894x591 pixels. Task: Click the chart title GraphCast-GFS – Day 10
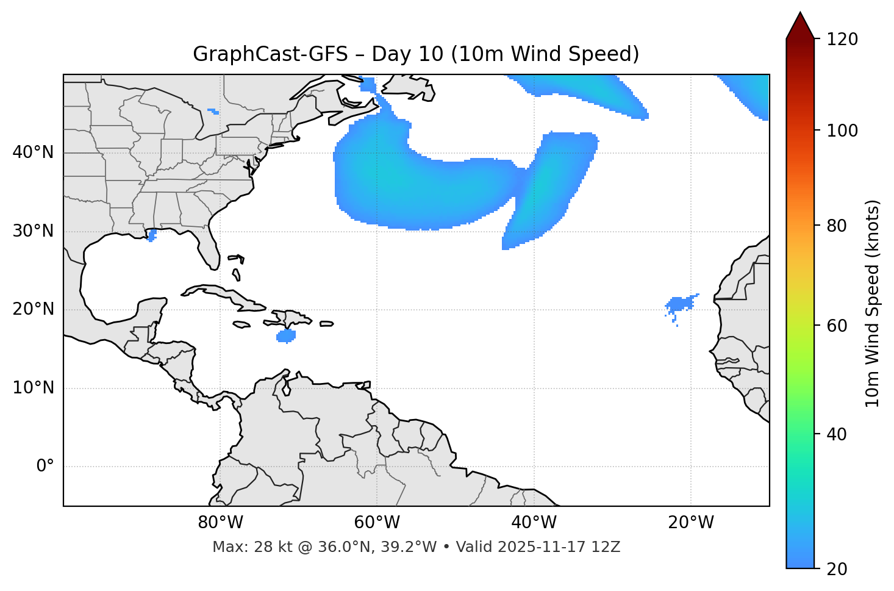click(416, 54)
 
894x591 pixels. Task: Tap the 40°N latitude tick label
click(33, 152)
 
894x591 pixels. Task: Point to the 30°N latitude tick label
click(33, 231)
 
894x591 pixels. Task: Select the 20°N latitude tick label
click(33, 310)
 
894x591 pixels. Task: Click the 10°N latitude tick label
click(33, 388)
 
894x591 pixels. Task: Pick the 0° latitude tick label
click(45, 467)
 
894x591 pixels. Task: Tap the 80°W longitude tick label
click(220, 523)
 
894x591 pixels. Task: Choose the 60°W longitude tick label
click(377, 523)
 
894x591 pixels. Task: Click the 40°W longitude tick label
click(534, 523)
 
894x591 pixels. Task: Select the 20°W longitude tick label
click(690, 523)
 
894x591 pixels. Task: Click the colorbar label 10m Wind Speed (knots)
click(873, 303)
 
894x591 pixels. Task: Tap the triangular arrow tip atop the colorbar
click(800, 24)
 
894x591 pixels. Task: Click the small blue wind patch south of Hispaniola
click(286, 336)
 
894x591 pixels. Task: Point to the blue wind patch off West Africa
click(679, 304)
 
